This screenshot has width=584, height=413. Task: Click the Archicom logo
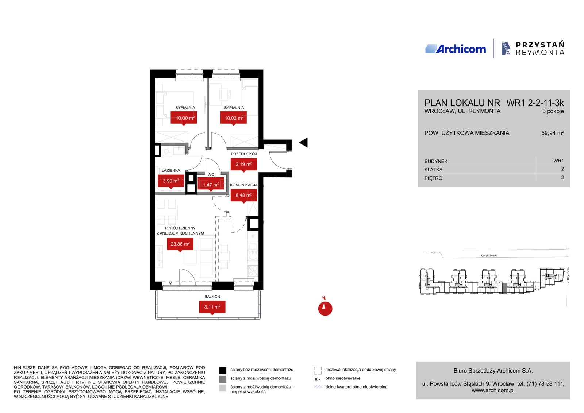(x=456, y=49)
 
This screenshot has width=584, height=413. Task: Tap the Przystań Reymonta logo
(x=533, y=49)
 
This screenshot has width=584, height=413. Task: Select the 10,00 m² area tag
(x=184, y=118)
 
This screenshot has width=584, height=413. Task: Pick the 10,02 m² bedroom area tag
(x=234, y=118)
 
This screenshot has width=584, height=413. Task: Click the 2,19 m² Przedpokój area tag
(x=244, y=165)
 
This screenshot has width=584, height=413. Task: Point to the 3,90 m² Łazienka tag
(x=171, y=181)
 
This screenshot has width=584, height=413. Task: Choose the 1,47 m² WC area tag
(x=211, y=185)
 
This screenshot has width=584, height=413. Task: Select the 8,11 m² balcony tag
(x=212, y=307)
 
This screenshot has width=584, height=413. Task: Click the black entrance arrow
(x=303, y=143)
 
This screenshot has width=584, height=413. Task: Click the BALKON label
(x=212, y=297)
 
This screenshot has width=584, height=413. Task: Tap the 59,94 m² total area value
(x=553, y=133)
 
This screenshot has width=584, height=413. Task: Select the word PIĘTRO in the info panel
(x=433, y=178)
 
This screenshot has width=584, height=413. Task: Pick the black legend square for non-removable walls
(x=222, y=370)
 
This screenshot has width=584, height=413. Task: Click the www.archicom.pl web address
(x=493, y=390)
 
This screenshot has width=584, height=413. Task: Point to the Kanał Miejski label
(x=489, y=256)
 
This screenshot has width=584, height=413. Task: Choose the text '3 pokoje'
(x=553, y=111)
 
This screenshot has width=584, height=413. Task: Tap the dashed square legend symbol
(x=318, y=370)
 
